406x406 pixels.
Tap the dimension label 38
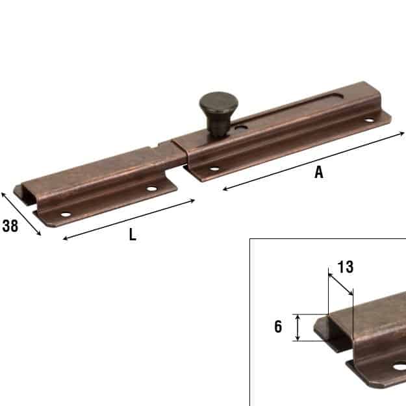point(10,226)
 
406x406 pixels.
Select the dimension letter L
point(133,235)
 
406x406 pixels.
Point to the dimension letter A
point(319,172)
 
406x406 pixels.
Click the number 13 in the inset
point(346,267)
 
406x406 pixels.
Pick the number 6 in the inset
point(278,327)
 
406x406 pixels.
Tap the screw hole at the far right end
point(370,120)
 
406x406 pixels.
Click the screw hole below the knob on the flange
point(214,169)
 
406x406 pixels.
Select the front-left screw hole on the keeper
point(66,214)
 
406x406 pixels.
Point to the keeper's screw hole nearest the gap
point(152,188)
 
